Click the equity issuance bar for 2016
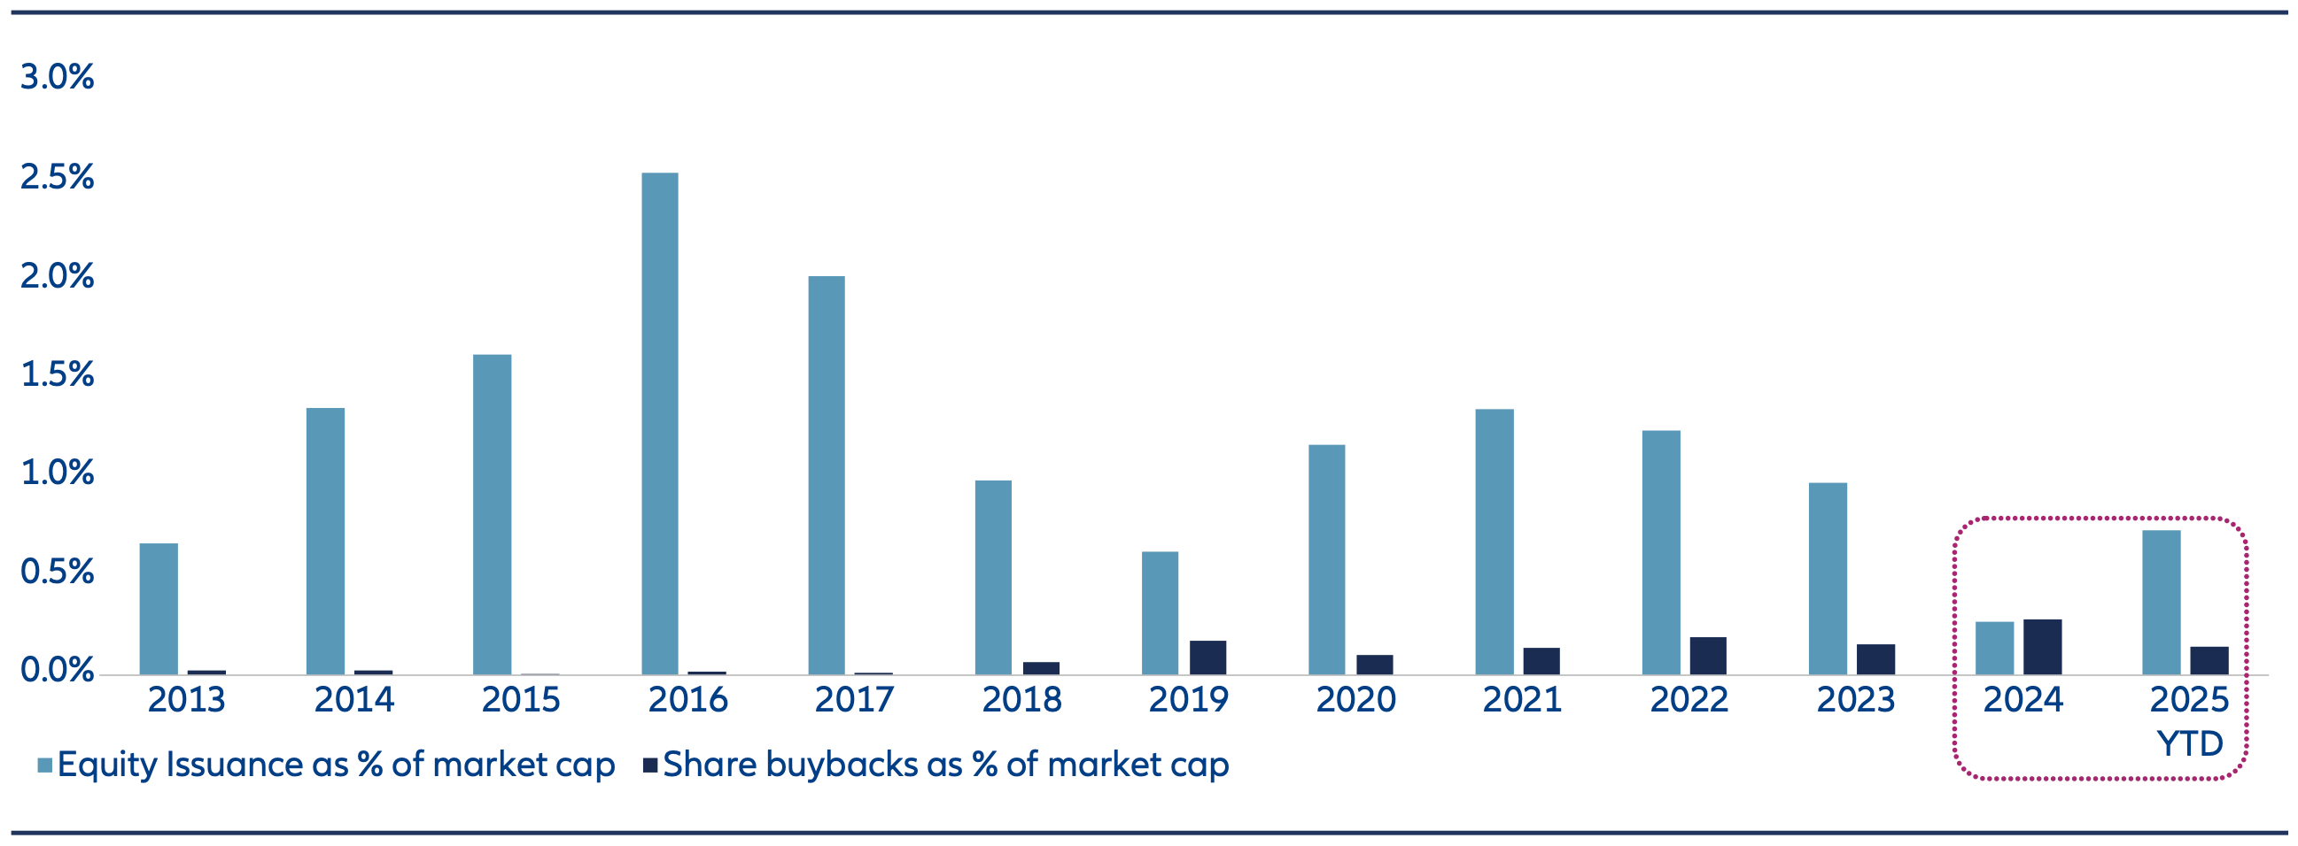659,424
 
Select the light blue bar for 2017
826,475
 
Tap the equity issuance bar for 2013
159,609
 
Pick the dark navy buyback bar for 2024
2042,647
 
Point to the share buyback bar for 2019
1207,658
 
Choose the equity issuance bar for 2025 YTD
2161,603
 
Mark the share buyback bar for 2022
1707,656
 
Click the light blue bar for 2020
1326,560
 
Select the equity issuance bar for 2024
1994,648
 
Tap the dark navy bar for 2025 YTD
2209,660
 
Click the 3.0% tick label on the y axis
57,78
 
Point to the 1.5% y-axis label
57,374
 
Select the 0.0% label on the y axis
57,671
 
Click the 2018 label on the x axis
1021,700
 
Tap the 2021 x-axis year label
1522,700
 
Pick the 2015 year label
521,700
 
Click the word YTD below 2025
2189,743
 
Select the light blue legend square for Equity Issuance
44,765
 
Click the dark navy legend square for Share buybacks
650,765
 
